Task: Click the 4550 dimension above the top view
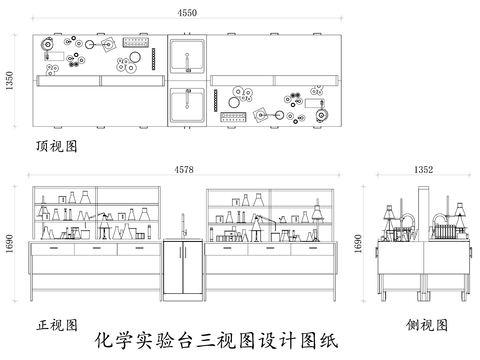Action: (x=186, y=12)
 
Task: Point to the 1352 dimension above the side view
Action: (x=423, y=171)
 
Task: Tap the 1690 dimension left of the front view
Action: (x=10, y=245)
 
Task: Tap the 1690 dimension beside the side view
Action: (x=357, y=245)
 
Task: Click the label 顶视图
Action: (x=56, y=145)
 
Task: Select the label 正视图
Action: (x=56, y=325)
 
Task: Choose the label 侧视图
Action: (x=427, y=325)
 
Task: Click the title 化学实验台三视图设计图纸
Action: (x=214, y=340)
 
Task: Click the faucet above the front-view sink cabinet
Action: (x=183, y=224)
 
